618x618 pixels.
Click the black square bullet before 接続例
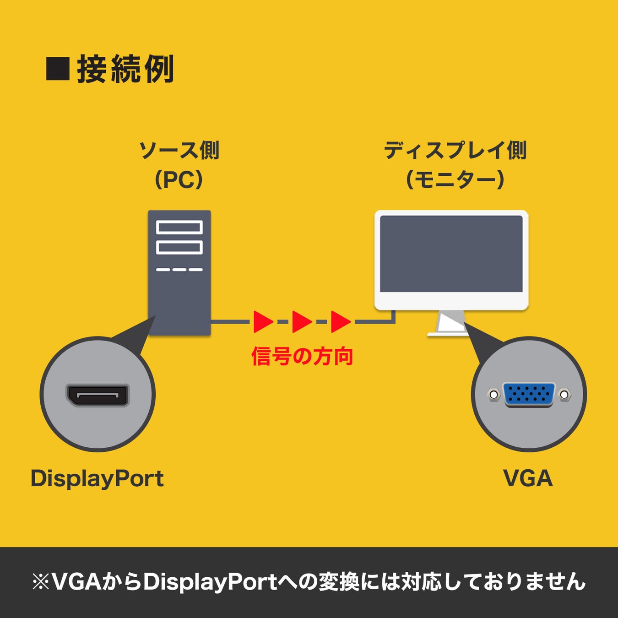pyautogui.click(x=58, y=69)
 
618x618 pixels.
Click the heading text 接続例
pyautogui.click(x=125, y=69)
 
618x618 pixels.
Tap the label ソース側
pyautogui.click(x=179, y=150)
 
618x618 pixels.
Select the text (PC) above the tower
pyautogui.click(x=179, y=180)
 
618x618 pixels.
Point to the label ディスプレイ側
pyautogui.click(x=455, y=150)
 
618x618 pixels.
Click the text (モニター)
pyautogui.click(x=455, y=180)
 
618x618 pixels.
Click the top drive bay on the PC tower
pyautogui.click(x=179, y=227)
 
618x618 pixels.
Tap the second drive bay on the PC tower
pyautogui.click(x=179, y=247)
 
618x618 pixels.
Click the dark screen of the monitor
pyautogui.click(x=451, y=254)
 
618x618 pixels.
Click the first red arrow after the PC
pyautogui.click(x=262, y=322)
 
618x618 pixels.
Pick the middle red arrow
pyautogui.click(x=301, y=322)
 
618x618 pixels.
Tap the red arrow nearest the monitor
pyautogui.click(x=340, y=322)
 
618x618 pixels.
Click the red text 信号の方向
pyautogui.click(x=302, y=357)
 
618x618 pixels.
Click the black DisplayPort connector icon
pyautogui.click(x=98, y=395)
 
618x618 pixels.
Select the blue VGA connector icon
pyautogui.click(x=529, y=394)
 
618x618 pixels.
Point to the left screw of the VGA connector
pyautogui.click(x=493, y=394)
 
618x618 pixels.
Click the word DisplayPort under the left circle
pyautogui.click(x=97, y=479)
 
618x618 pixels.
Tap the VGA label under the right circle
pyautogui.click(x=528, y=479)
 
